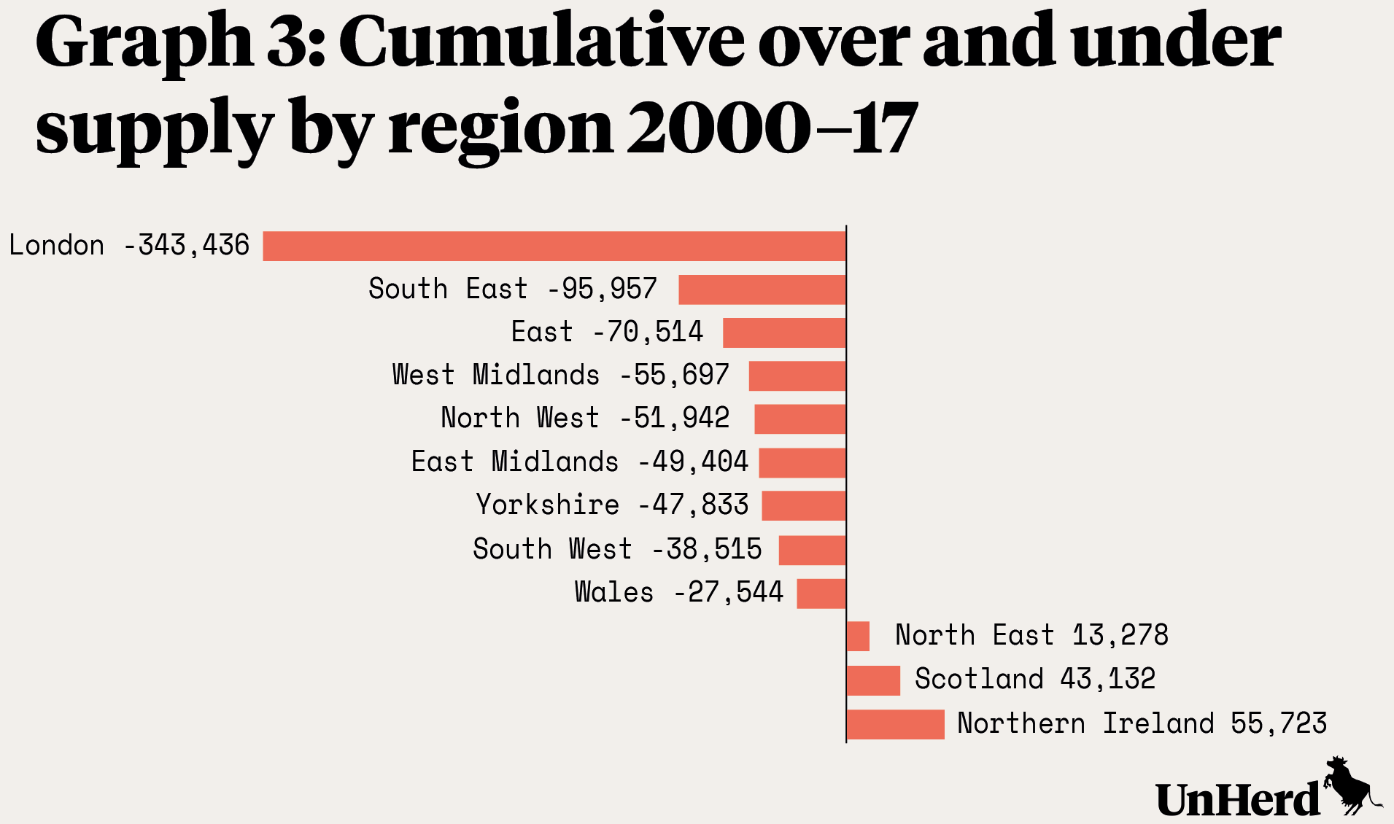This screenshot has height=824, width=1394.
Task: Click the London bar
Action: pos(554,246)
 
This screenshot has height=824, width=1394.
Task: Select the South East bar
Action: pos(762,289)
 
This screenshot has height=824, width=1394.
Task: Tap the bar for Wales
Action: pos(821,593)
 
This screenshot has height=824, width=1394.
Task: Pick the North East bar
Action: pos(859,636)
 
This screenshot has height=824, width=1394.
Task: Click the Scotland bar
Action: pos(874,680)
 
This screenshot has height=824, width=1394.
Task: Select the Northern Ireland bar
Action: pos(896,724)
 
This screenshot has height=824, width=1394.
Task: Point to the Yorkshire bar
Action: pos(804,506)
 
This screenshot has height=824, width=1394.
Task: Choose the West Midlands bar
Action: pos(797,376)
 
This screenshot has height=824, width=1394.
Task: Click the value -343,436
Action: pos(187,246)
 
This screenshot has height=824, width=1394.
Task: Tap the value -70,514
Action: pos(648,333)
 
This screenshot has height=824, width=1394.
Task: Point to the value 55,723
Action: pos(1278,723)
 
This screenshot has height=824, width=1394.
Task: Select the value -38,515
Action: pos(707,549)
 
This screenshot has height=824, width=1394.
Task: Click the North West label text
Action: pos(519,419)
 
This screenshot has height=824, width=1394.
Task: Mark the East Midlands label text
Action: pos(514,462)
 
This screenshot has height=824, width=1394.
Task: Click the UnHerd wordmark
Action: pos(1238,800)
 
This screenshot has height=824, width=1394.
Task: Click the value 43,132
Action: pos(1107,680)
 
